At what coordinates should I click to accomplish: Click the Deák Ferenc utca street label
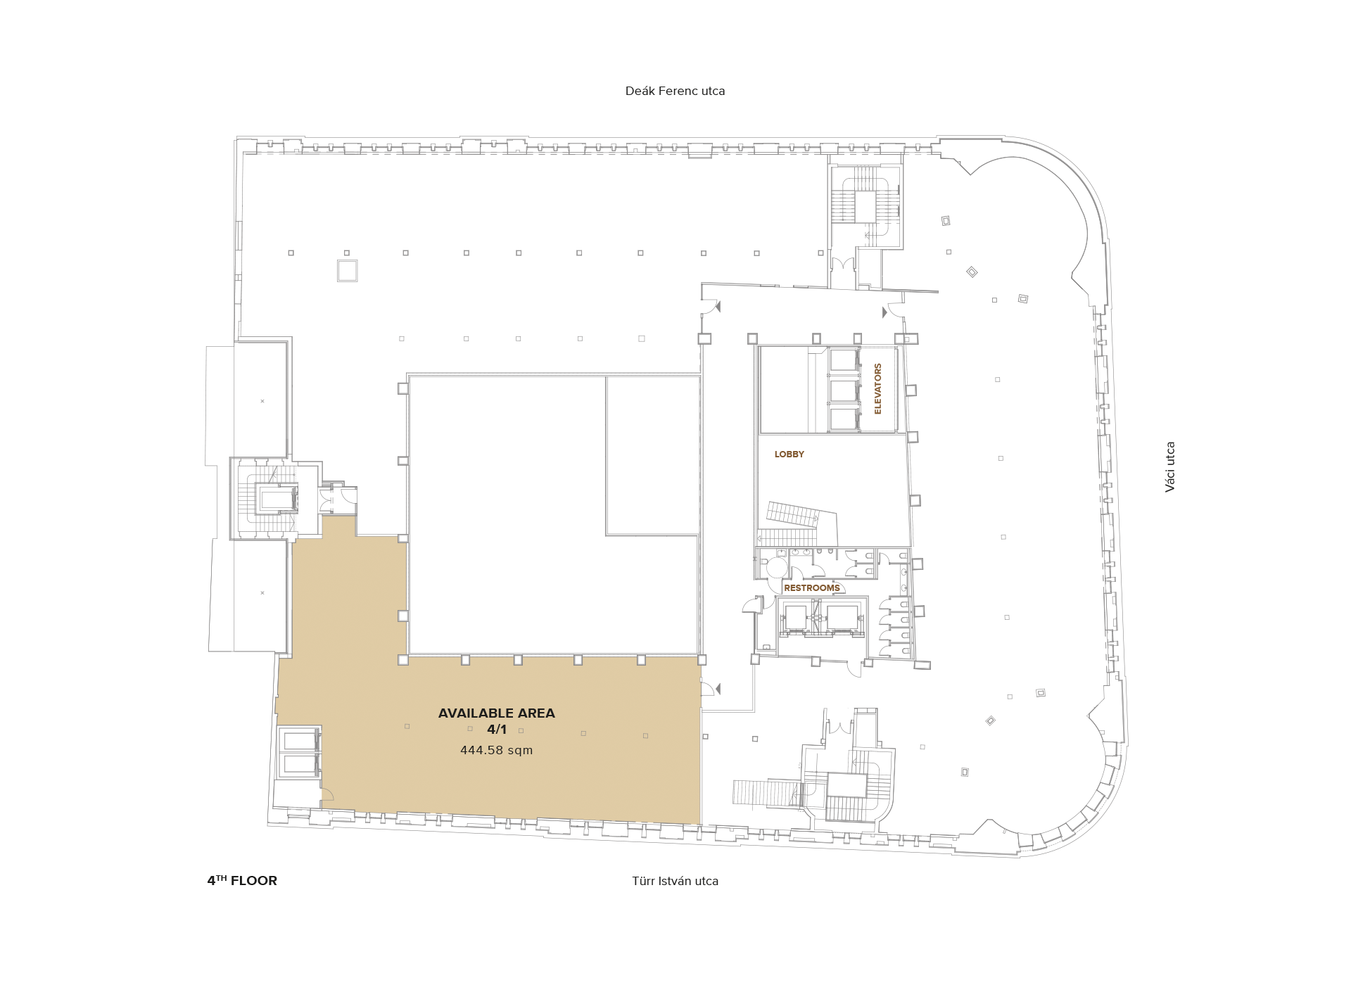[x=675, y=91]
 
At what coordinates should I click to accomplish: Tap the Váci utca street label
[x=1169, y=466]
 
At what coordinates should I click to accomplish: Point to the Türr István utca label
[x=675, y=881]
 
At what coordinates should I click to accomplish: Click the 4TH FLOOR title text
[x=242, y=880]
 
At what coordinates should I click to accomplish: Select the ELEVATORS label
[x=877, y=388]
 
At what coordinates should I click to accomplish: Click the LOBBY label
[x=789, y=455]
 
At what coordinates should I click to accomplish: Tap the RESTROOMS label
[x=812, y=588]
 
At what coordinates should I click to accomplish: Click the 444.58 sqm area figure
[x=497, y=750]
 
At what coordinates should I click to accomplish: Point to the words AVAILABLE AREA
[x=497, y=713]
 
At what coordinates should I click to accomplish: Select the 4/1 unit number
[x=497, y=730]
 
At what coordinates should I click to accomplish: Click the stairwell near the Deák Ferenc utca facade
[x=865, y=205]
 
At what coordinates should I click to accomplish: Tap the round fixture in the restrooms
[x=777, y=567]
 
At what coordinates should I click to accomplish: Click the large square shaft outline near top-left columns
[x=347, y=271]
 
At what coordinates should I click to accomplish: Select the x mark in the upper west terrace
[x=262, y=401]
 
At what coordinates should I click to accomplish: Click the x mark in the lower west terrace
[x=262, y=592]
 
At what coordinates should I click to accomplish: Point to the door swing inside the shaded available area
[x=327, y=794]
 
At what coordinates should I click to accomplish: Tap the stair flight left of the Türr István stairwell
[x=766, y=792]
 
